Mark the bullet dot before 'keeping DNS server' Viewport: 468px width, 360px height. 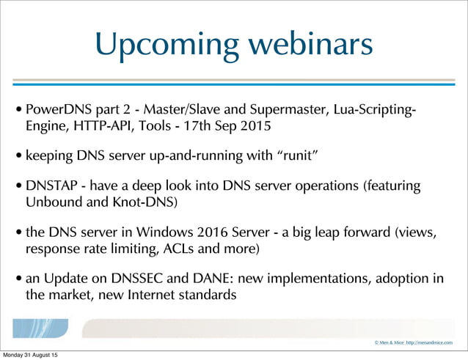coord(19,157)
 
